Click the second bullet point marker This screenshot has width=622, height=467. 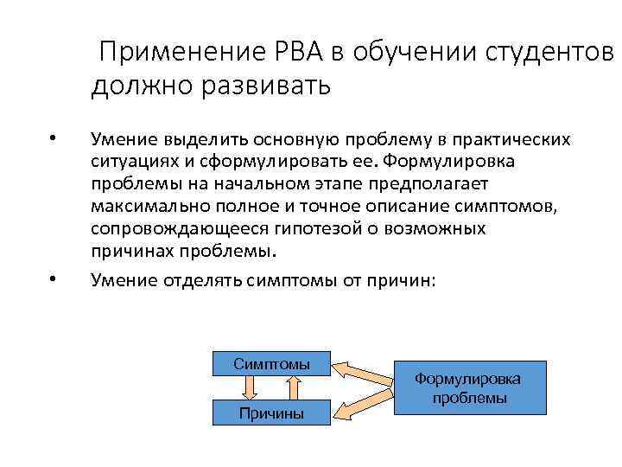54,278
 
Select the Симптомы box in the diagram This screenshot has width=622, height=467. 271,364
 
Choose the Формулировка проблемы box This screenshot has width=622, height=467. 470,388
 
